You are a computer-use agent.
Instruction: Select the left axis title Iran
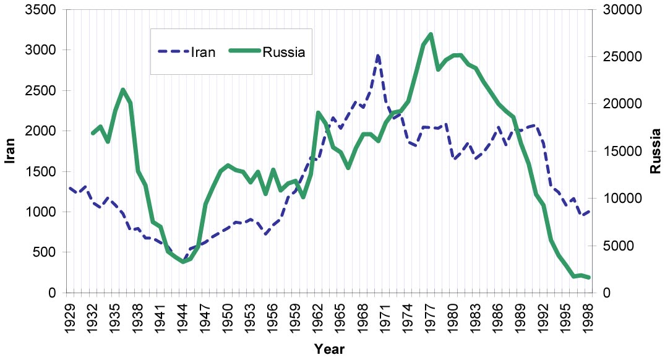click(x=11, y=152)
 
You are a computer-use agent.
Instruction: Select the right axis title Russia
click(x=655, y=152)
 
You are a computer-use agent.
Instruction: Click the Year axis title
click(x=328, y=349)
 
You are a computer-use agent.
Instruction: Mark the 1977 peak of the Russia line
click(x=431, y=34)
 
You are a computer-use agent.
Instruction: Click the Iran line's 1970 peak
click(x=378, y=56)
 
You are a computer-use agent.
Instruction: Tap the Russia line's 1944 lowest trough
click(x=182, y=262)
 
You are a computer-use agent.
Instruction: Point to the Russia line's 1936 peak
click(x=122, y=90)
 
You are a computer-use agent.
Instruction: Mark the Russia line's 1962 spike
click(x=318, y=113)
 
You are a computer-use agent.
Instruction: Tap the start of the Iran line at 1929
click(x=69, y=188)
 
